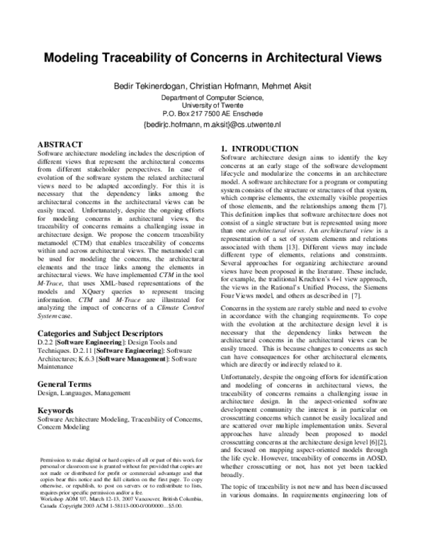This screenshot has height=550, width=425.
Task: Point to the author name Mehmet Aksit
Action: coord(285,86)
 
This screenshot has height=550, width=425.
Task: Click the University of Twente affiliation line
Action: coord(212,104)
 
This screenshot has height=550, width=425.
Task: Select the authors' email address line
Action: coord(212,124)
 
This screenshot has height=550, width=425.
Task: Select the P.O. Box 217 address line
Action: coord(212,113)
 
